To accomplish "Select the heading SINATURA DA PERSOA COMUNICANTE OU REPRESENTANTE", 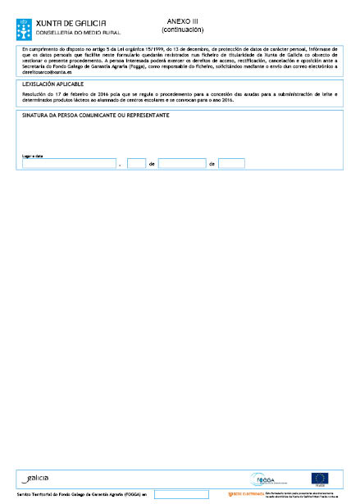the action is (x=95, y=116).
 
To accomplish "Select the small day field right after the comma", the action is (x=136, y=163).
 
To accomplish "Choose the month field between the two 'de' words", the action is (x=181, y=163).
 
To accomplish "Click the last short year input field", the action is (x=231, y=163).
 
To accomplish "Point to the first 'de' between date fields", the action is (x=152, y=164).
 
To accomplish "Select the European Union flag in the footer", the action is (x=319, y=478).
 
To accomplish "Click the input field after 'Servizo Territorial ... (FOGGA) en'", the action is (x=181, y=494).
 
